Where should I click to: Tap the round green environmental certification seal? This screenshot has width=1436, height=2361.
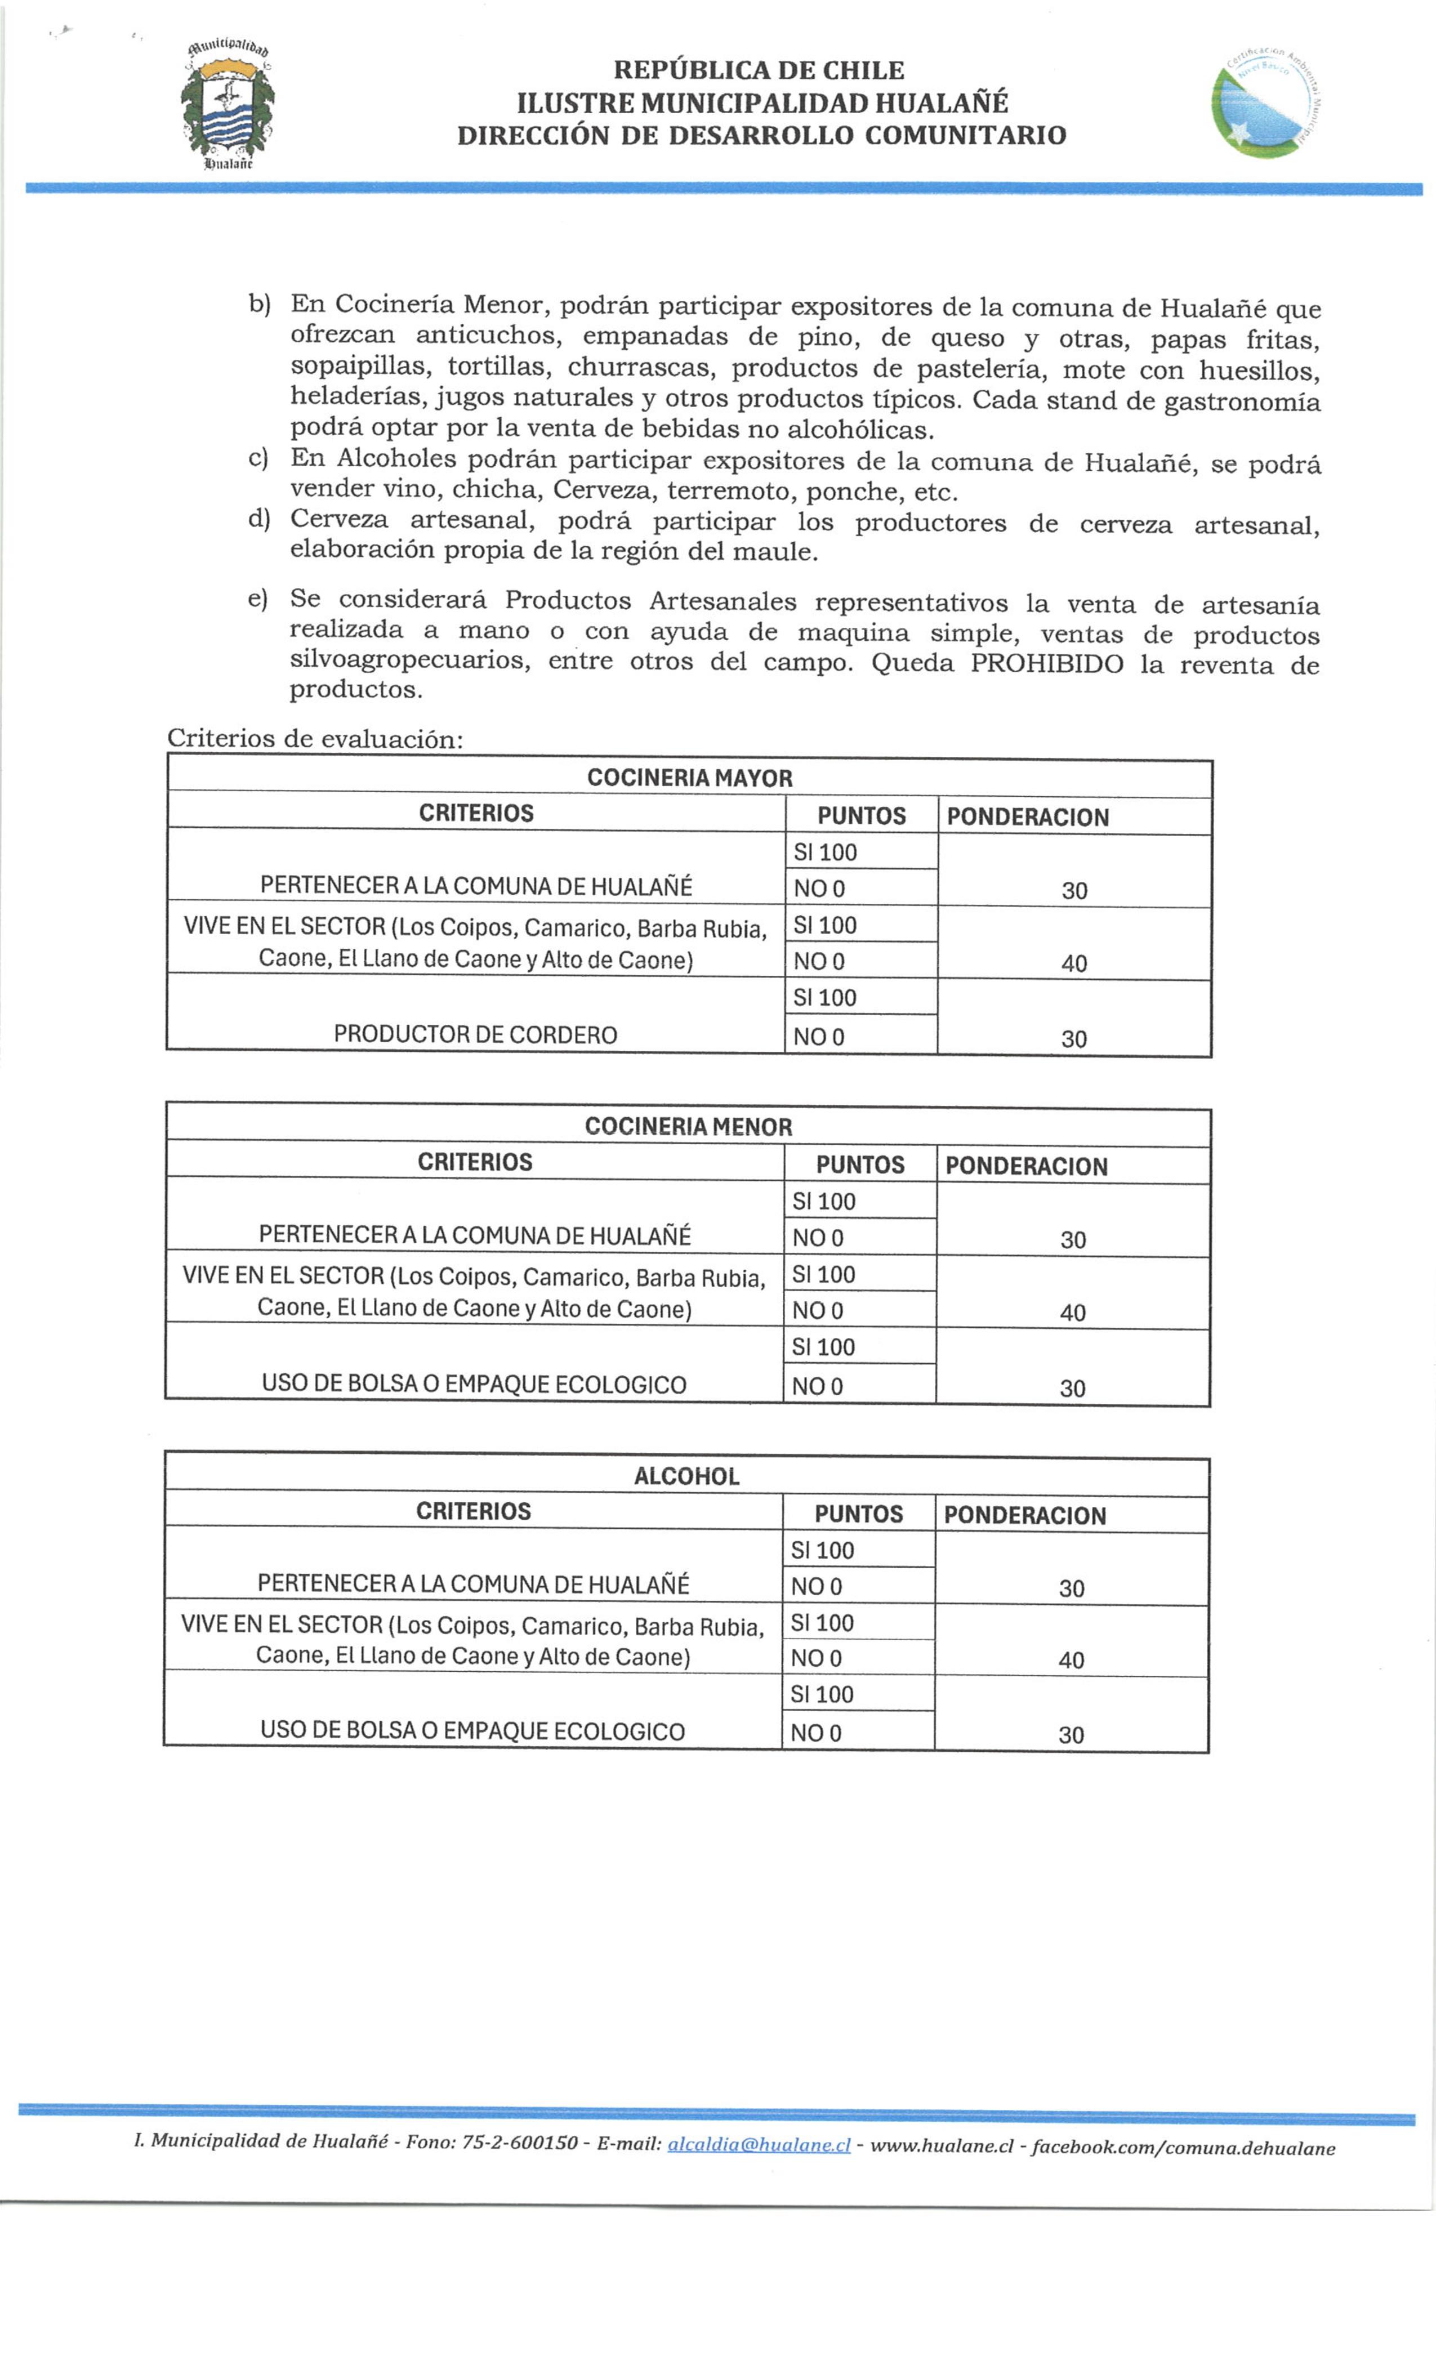(x=1267, y=102)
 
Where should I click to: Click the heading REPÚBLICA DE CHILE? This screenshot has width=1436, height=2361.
(x=757, y=70)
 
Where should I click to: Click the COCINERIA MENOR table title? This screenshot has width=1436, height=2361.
(x=688, y=1126)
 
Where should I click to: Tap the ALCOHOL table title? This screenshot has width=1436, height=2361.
(x=686, y=1476)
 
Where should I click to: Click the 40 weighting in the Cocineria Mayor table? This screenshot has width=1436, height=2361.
(x=1074, y=962)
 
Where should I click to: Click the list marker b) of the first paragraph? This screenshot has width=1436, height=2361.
(x=259, y=304)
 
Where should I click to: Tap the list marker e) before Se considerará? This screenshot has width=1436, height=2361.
(x=257, y=599)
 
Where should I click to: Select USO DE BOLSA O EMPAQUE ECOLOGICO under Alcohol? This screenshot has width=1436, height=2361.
(x=472, y=1730)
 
